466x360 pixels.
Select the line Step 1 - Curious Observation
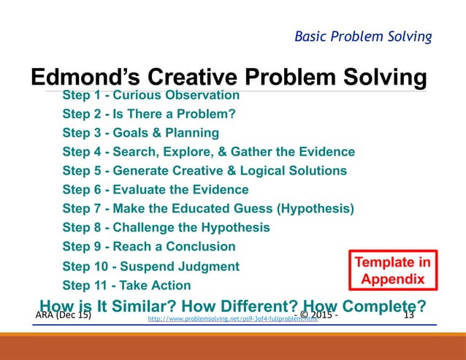coord(150,96)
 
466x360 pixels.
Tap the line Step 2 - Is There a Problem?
coord(148,114)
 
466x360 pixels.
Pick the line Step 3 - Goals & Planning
coord(140,133)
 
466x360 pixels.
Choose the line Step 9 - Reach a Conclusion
coord(149,247)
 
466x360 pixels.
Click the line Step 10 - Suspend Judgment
coord(150,267)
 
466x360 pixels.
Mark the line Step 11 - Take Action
coord(126,286)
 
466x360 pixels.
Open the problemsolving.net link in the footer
coord(232,319)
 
